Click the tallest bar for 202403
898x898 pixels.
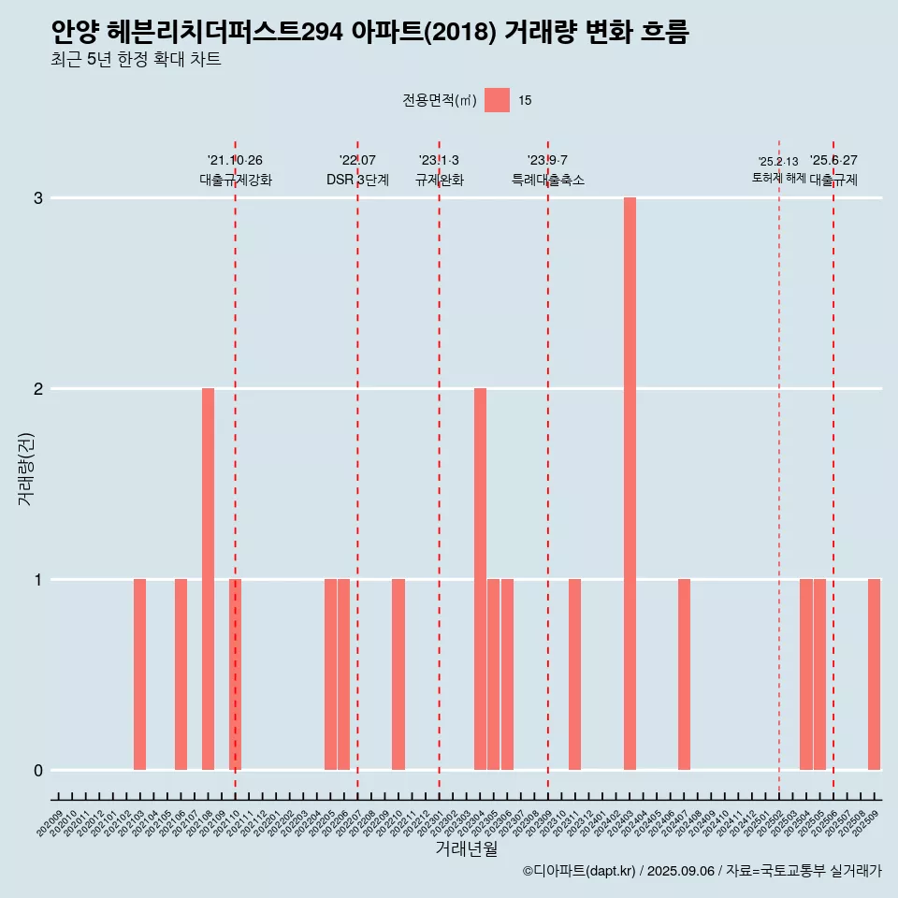tap(630, 484)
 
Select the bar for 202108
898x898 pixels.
tap(208, 579)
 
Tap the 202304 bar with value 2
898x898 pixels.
tap(480, 579)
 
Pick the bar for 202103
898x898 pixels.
tap(139, 674)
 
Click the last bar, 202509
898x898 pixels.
tap(874, 674)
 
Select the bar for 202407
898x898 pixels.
tap(684, 674)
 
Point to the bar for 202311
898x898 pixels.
tap(574, 674)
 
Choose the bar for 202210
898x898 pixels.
tap(398, 674)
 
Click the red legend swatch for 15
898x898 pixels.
tap(497, 100)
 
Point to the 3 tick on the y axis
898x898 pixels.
tap(38, 198)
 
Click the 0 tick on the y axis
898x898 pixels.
tap(38, 771)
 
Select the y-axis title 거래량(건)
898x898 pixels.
tap(26, 468)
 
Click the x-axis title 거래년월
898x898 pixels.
tap(466, 848)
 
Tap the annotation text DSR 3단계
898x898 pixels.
tap(357, 180)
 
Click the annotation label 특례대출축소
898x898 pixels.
tap(548, 180)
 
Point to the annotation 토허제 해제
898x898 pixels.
tap(778, 178)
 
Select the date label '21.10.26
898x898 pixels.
tap(235, 160)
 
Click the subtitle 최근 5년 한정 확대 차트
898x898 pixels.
tap(136, 60)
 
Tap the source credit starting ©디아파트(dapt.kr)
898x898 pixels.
tap(702, 871)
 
